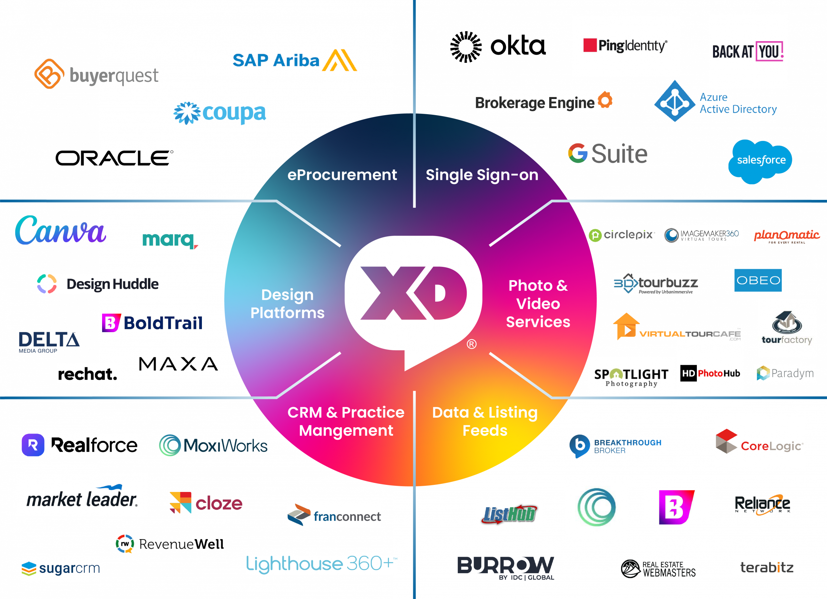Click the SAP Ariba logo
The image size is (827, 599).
tap(294, 61)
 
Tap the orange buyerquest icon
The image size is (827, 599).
tap(49, 74)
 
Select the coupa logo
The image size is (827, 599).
tap(220, 113)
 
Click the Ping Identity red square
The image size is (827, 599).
tap(590, 45)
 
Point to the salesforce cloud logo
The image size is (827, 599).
tap(761, 161)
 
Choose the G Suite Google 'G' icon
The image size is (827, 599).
tap(578, 153)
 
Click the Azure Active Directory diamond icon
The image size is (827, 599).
tap(675, 102)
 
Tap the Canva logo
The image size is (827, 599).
tap(60, 231)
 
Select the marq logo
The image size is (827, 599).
tap(170, 241)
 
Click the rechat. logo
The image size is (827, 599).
tap(88, 374)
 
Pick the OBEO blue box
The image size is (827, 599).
tap(758, 280)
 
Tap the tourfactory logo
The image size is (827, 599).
tap(787, 328)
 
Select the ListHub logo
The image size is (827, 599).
tap(509, 513)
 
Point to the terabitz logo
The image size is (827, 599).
tap(767, 567)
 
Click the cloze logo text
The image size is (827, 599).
tap(219, 504)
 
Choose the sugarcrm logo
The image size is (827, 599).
tap(60, 568)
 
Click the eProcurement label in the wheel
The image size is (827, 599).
tap(342, 175)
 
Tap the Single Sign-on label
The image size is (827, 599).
tap(482, 175)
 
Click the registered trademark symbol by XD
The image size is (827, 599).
tap(471, 344)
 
